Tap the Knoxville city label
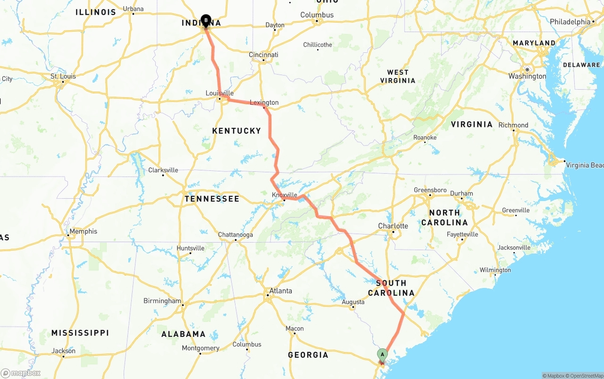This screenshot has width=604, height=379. [x=285, y=195]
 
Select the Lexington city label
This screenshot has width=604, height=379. [x=264, y=102]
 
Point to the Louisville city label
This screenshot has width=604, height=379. [x=219, y=93]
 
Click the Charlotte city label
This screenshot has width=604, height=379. [x=393, y=226]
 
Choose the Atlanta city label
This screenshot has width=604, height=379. [x=280, y=291]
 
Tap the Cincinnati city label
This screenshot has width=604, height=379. [x=263, y=55]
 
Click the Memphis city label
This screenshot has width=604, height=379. [x=83, y=231]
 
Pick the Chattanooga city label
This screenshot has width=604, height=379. [x=235, y=235]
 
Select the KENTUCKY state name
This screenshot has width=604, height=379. [x=236, y=131]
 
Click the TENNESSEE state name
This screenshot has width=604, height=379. [x=212, y=199]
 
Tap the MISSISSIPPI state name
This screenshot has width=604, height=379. [x=80, y=333]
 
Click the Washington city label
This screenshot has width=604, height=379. [x=527, y=76]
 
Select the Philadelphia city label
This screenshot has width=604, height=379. [x=570, y=22]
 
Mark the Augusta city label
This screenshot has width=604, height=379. [x=353, y=302]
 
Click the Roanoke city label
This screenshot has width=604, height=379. [x=425, y=137]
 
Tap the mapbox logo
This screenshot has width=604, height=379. [x=21, y=373]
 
